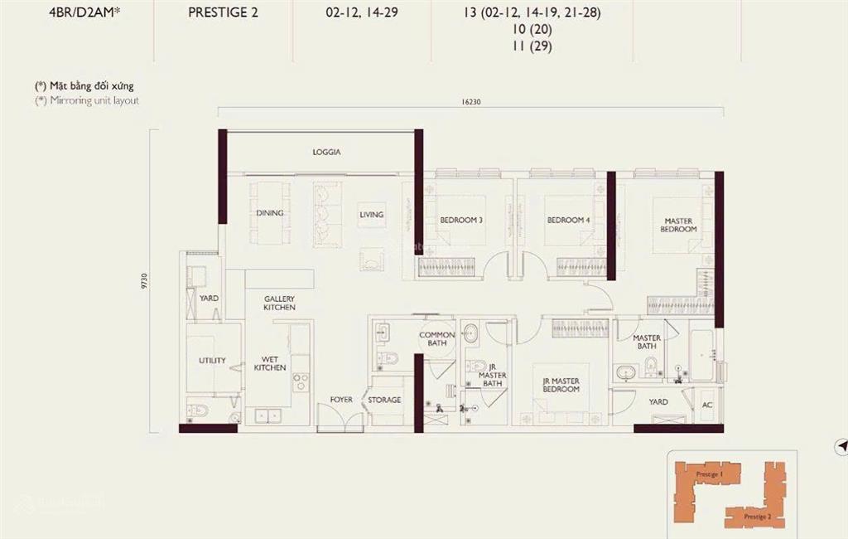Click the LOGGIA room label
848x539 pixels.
tap(326, 153)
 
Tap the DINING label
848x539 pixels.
tap(270, 213)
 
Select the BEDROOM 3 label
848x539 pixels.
tap(461, 220)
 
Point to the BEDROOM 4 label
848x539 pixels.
tap(568, 221)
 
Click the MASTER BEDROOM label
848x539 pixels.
tap(678, 225)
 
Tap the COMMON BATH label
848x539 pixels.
tap(436, 339)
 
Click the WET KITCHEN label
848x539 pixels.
tap(270, 362)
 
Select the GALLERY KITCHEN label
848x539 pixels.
tap(280, 303)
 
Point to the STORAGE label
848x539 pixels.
tap(384, 400)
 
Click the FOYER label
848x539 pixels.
tap(341, 400)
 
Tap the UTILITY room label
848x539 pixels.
tap(212, 361)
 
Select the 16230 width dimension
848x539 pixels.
tap(470, 102)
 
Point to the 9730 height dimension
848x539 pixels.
tap(145, 282)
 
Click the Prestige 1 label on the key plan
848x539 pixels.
tap(709, 473)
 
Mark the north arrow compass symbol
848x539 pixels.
tap(842, 446)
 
